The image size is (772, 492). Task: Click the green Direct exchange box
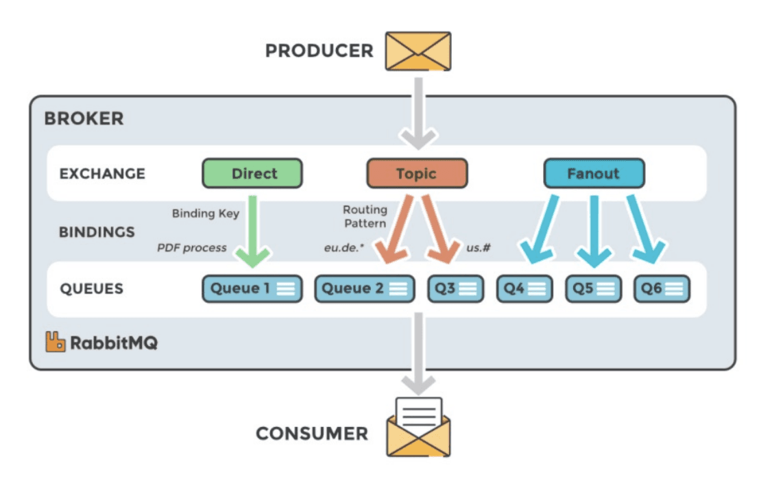click(x=252, y=173)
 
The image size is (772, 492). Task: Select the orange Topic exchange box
click(x=416, y=173)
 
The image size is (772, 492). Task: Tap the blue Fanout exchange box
click(x=593, y=173)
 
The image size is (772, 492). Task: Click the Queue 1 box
click(x=252, y=288)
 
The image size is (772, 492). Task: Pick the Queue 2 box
click(x=364, y=288)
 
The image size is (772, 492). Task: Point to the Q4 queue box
click(x=524, y=288)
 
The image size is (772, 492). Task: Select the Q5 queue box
click(x=593, y=288)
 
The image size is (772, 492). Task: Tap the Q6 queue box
click(x=661, y=288)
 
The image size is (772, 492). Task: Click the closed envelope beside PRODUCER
click(x=418, y=51)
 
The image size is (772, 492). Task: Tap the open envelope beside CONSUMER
click(x=418, y=428)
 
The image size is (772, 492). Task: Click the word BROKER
click(x=84, y=119)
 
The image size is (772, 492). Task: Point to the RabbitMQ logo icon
click(x=56, y=341)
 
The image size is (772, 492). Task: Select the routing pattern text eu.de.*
click(x=344, y=247)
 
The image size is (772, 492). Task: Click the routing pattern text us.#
click(x=478, y=247)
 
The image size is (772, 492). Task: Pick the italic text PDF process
click(x=192, y=247)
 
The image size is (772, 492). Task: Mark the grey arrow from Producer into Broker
click(x=418, y=113)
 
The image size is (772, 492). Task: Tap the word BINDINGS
click(x=97, y=232)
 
